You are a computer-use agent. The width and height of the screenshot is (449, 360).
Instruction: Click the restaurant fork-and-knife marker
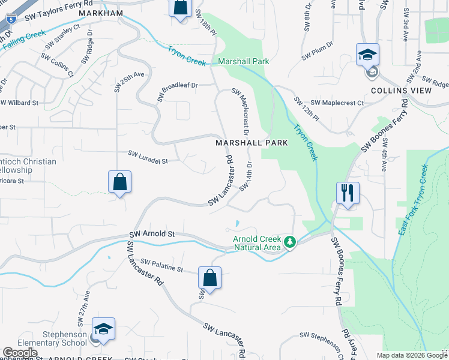tap(348, 193)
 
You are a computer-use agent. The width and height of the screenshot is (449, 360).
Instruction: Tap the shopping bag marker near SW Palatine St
tap(209, 278)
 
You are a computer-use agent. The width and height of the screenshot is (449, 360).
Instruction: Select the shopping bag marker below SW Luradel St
tap(120, 182)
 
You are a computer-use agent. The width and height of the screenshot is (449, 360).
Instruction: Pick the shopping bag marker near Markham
tap(180, 8)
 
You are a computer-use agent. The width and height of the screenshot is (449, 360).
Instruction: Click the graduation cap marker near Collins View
tap(367, 55)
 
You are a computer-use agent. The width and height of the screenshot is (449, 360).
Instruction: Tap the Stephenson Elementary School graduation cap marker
tap(103, 329)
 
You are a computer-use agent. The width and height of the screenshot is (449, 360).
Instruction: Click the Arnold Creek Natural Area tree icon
tap(291, 242)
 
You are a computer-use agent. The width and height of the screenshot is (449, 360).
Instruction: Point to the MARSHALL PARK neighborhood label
tap(252, 143)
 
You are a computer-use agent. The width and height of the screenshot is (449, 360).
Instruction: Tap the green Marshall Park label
tap(243, 62)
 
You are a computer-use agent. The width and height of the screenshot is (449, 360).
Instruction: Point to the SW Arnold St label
tap(152, 233)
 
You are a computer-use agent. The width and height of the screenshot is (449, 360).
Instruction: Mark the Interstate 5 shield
tap(11, 18)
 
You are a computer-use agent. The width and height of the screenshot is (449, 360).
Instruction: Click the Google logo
tap(20, 353)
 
